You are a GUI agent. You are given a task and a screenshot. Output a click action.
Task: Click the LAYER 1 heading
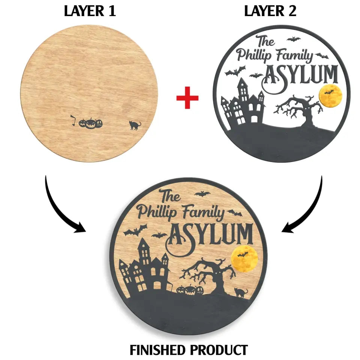(x=90, y=11)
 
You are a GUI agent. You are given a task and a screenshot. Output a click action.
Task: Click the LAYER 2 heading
(x=270, y=11)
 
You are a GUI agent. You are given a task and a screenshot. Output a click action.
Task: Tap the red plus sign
(x=187, y=100)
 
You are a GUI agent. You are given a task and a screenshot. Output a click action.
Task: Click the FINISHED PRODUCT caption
(x=189, y=349)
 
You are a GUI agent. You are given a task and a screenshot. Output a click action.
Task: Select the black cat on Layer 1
(x=134, y=125)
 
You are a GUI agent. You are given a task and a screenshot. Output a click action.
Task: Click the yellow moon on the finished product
(x=244, y=259)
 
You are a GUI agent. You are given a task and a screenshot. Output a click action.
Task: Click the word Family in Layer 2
(x=294, y=56)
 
